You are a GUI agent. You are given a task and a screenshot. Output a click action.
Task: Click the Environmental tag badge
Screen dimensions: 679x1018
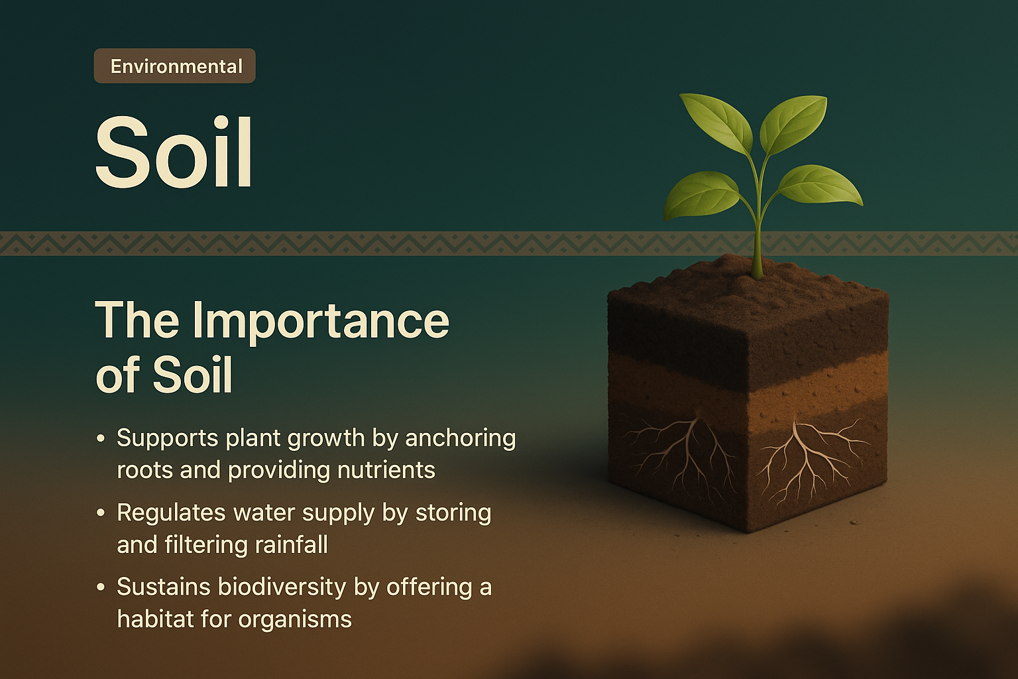click(174, 66)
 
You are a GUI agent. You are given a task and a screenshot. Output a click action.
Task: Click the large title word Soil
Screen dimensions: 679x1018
click(174, 153)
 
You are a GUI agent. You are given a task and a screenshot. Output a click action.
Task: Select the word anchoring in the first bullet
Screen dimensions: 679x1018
click(460, 438)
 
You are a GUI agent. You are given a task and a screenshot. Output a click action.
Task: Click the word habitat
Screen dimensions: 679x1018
click(156, 619)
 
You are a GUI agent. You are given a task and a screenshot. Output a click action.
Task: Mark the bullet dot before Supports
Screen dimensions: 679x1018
click(101, 438)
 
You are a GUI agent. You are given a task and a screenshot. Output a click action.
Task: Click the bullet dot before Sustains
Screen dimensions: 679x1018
click(101, 587)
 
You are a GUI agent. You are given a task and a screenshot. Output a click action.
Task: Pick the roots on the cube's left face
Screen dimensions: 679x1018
click(683, 451)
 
